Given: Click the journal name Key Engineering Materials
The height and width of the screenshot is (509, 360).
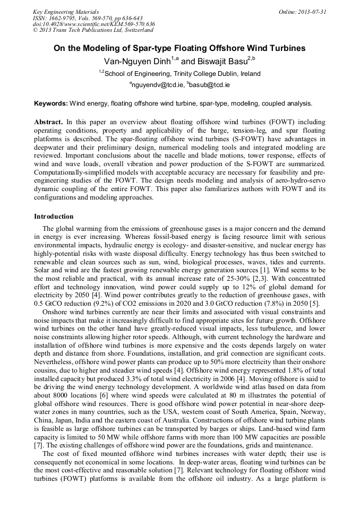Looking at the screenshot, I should [x=66, y=11].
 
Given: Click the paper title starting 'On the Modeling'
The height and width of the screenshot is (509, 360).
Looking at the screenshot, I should [x=179, y=48].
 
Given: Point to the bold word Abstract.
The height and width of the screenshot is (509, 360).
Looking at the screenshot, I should [x=48, y=122].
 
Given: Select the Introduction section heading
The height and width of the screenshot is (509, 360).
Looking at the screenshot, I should [x=54, y=217].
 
